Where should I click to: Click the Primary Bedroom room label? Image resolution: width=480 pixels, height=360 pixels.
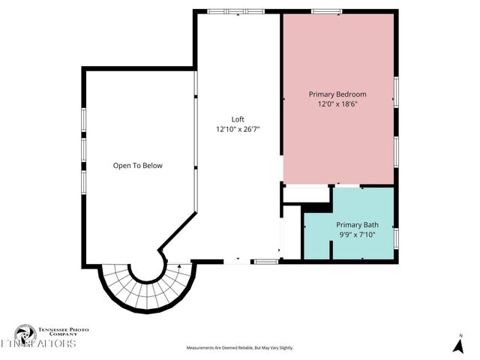pyautogui.click(x=337, y=94)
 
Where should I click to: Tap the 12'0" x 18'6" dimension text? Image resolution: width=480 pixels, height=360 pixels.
pyautogui.click(x=337, y=104)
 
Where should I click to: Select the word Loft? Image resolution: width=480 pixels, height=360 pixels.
pyautogui.click(x=238, y=119)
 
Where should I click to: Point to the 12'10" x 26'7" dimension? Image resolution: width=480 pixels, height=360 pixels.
pyautogui.click(x=238, y=129)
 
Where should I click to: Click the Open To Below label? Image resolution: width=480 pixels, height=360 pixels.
pyautogui.click(x=137, y=166)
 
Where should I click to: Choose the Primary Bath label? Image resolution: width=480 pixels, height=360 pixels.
pyautogui.click(x=357, y=225)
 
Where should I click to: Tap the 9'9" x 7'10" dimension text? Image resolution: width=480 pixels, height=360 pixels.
pyautogui.click(x=357, y=235)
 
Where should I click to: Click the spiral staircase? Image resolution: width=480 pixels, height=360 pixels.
pyautogui.click(x=143, y=289)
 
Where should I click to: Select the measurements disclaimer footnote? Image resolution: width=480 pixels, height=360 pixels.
pyautogui.click(x=240, y=348)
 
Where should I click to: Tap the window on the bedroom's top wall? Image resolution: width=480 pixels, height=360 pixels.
pyautogui.click(x=326, y=10)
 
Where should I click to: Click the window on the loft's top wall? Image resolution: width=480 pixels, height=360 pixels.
pyautogui.click(x=235, y=10)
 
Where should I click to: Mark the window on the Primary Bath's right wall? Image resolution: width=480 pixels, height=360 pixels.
pyautogui.click(x=396, y=237)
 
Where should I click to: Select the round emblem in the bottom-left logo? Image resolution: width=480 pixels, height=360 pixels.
pyautogui.click(x=25, y=334)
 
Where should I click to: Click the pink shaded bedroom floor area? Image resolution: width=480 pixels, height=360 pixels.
pyautogui.click(x=337, y=142)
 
